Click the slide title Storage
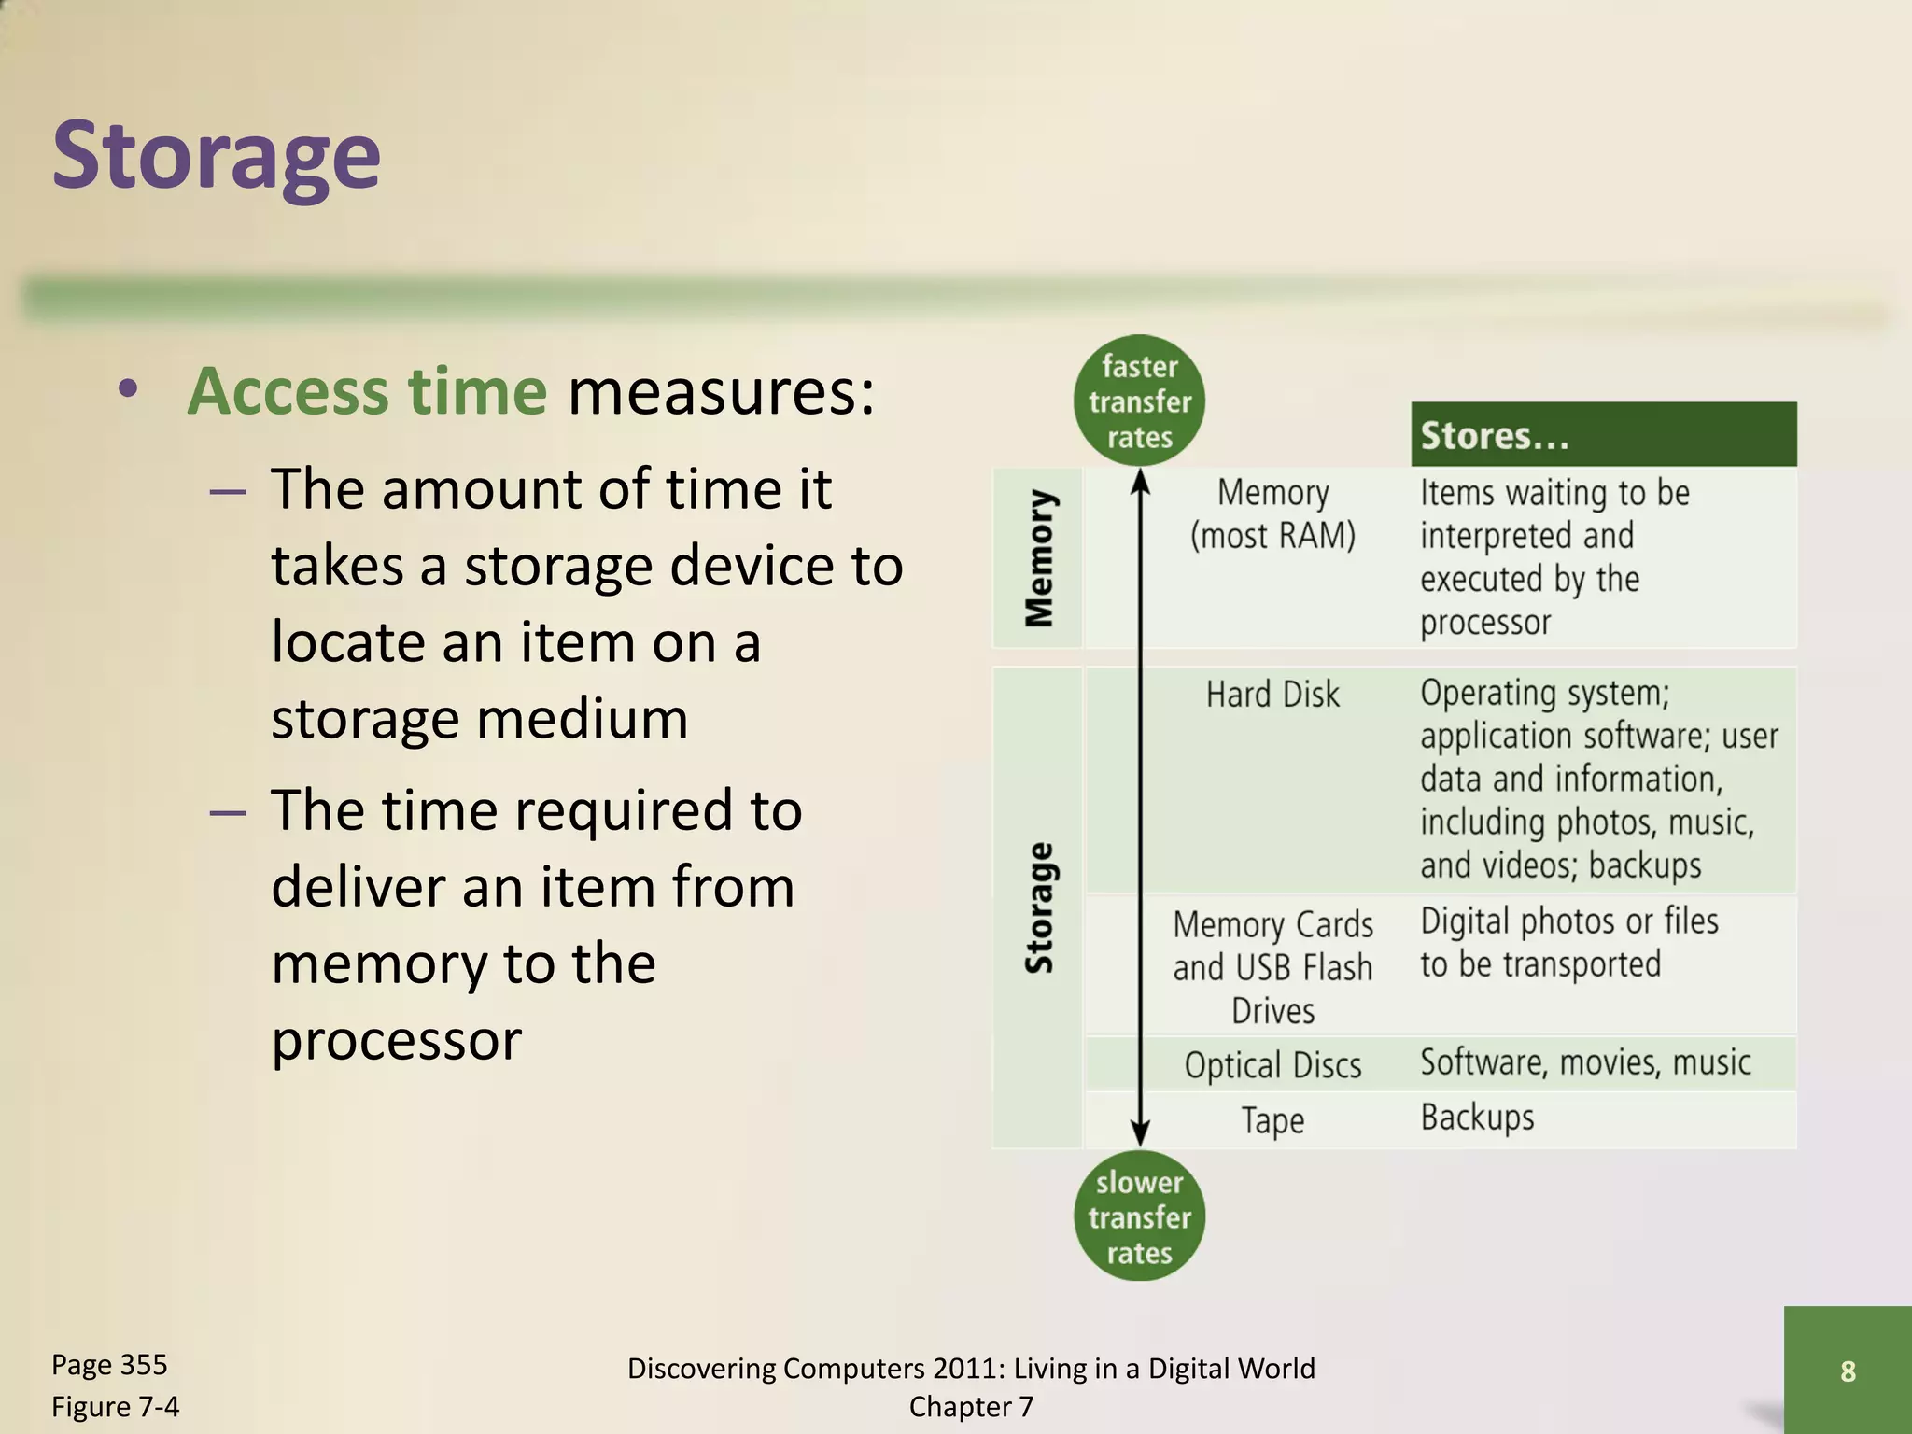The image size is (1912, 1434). click(x=216, y=156)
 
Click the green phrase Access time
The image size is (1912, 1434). click(x=367, y=391)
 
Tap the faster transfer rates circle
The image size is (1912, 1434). click(x=1139, y=401)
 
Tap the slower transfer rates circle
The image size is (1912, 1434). click(x=1139, y=1217)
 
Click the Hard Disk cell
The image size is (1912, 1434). click(x=1272, y=695)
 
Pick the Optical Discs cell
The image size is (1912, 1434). click(x=1272, y=1065)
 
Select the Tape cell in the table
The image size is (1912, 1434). click(x=1272, y=1120)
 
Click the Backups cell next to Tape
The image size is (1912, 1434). click(x=1477, y=1118)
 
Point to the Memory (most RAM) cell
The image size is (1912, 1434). click(x=1272, y=514)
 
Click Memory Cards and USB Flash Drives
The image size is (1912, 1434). click(x=1272, y=967)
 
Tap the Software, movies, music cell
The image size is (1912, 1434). click(x=1585, y=1063)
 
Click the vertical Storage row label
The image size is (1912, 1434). click(x=1039, y=907)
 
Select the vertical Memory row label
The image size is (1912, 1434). click(x=1039, y=557)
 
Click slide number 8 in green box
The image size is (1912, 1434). click(x=1848, y=1371)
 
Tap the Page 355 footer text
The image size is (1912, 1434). click(x=109, y=1365)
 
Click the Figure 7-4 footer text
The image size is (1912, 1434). click(x=115, y=1406)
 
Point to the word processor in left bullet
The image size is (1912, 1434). click(x=396, y=1041)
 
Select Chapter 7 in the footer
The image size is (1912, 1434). click(x=971, y=1407)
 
